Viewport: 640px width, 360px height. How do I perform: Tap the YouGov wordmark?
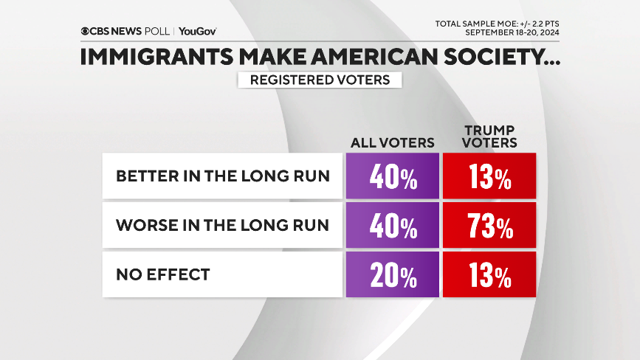click(197, 32)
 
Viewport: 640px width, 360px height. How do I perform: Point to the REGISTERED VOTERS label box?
click(320, 80)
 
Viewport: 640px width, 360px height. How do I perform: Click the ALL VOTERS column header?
click(392, 142)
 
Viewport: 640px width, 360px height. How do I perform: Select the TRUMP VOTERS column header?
click(489, 136)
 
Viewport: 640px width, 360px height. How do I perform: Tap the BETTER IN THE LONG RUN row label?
click(222, 177)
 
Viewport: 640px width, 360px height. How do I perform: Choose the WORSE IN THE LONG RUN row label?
click(222, 226)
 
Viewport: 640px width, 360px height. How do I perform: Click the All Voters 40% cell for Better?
click(392, 177)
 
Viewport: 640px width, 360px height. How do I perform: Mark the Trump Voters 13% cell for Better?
click(489, 177)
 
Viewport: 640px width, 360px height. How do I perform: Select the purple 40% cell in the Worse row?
click(392, 226)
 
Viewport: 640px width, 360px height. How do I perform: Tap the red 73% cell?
click(489, 226)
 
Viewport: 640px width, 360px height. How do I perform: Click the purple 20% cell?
click(392, 274)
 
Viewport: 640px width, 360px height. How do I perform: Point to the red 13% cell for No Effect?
click(489, 274)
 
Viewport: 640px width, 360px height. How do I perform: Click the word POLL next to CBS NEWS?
click(158, 32)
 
